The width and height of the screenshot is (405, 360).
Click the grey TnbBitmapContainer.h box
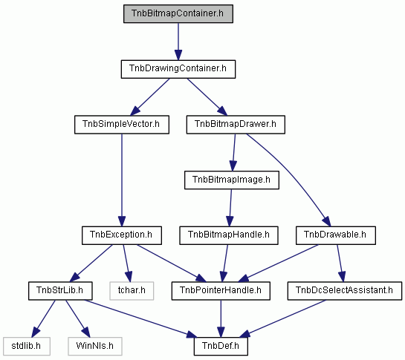coord(178,13)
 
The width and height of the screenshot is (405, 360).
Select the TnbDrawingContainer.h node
coord(178,69)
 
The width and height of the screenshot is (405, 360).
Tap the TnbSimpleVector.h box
coord(122,125)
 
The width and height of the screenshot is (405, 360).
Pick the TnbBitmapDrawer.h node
coord(236,125)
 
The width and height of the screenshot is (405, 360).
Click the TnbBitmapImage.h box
coord(232,180)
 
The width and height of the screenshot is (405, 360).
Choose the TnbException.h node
coord(122,235)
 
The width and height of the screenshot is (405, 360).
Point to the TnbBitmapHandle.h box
coord(229,235)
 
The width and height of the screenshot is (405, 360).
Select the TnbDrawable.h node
coord(336,235)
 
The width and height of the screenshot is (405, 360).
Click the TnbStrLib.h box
coord(60,291)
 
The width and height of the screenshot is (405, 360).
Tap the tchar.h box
coord(132,291)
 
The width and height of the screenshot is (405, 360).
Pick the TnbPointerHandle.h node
coord(221,291)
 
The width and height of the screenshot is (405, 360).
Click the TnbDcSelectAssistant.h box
coord(345,291)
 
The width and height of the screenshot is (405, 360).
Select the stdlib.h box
coord(27,347)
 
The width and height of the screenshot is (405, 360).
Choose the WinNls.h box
coord(95,347)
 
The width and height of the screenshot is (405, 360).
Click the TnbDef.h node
coord(221,347)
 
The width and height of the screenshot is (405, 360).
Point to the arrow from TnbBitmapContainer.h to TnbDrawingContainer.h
coord(178,42)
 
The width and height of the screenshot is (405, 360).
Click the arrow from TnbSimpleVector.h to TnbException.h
coord(122,180)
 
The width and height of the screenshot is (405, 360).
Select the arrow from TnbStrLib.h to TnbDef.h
coord(140,318)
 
